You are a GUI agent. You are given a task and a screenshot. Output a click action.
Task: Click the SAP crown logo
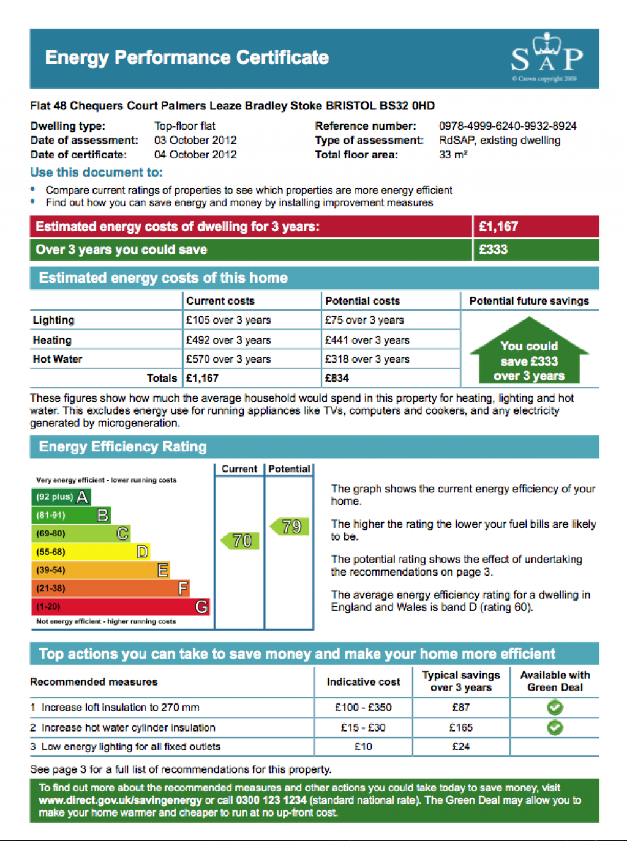(547, 57)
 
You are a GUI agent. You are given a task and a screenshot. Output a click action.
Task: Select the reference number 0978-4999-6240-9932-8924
(508, 126)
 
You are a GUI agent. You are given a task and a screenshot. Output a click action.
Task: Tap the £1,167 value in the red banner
(498, 227)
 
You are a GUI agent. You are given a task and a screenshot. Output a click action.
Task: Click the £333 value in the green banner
(493, 250)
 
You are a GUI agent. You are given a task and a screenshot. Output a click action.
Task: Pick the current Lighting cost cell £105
(228, 320)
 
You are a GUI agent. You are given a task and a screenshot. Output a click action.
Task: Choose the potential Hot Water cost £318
(367, 359)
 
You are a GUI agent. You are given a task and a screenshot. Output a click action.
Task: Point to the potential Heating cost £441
(367, 340)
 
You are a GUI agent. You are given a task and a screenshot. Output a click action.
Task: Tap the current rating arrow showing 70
(239, 541)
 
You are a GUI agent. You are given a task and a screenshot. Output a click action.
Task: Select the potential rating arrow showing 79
(290, 527)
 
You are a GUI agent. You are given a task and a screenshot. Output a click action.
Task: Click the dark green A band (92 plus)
(61, 497)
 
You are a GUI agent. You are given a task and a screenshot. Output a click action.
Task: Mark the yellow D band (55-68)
(90, 552)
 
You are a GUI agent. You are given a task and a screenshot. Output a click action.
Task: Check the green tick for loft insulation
(555, 708)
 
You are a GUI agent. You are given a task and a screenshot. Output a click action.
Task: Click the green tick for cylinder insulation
(555, 728)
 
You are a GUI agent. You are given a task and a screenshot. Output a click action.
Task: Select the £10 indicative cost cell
(363, 747)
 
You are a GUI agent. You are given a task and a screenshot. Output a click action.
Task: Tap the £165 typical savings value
(461, 728)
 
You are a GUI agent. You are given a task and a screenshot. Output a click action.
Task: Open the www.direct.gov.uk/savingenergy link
(121, 801)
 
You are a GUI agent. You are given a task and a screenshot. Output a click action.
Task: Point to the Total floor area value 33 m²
(453, 155)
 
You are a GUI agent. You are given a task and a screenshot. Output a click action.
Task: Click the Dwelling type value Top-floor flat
(185, 126)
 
